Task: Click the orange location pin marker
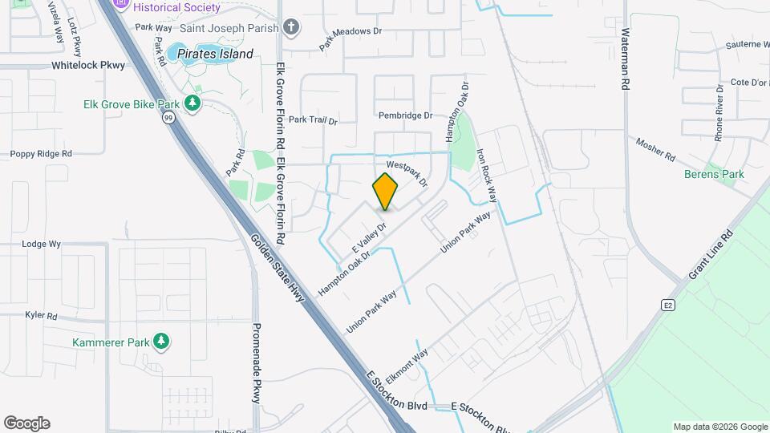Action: (385, 191)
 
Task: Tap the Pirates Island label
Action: (215, 55)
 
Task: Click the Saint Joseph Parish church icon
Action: (291, 28)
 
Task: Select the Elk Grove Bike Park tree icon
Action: (192, 103)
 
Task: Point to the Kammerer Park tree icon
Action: (161, 342)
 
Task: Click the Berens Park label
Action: (714, 174)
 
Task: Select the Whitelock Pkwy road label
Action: (89, 66)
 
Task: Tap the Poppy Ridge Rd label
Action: (41, 153)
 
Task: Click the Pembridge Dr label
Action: (405, 115)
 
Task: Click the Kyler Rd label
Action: (41, 316)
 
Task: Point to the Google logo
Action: (26, 423)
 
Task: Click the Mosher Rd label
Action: (656, 149)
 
